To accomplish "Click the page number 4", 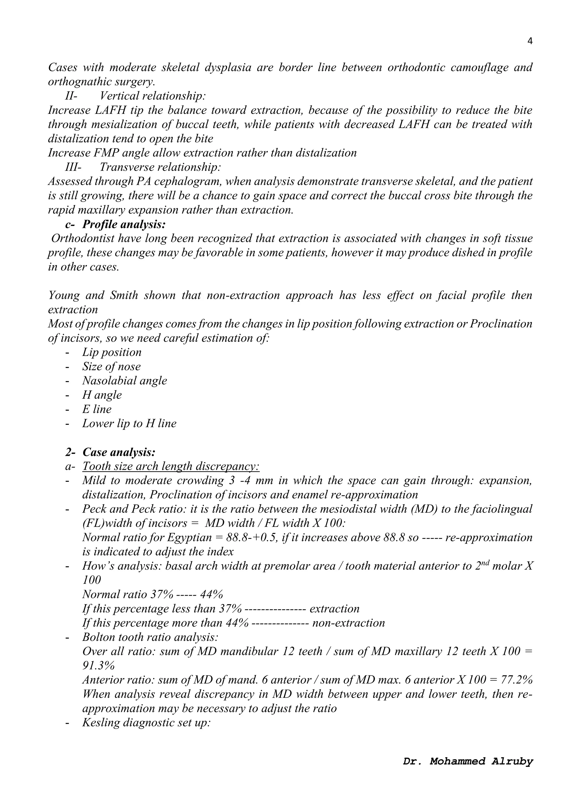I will pos(530,42).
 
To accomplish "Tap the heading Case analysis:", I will pos(119,452).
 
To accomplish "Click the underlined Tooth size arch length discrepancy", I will pos(171,466).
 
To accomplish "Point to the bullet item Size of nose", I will pos(111,366).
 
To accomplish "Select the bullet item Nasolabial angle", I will pos(124,381).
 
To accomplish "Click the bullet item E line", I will pos(97,409).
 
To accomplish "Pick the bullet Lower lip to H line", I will pos(129,424).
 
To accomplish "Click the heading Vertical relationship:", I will pos(153,96).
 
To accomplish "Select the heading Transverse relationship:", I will pos(160,167).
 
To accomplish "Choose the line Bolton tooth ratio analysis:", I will pos(150,637).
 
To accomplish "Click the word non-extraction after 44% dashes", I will pos(349,623).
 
